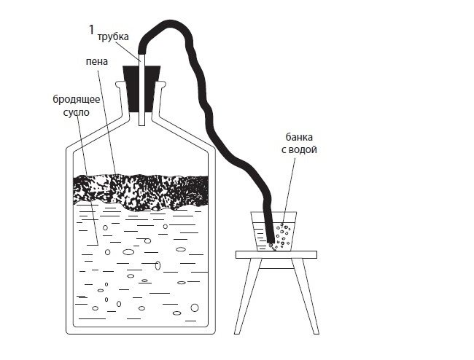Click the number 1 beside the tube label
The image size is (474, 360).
pos(90,29)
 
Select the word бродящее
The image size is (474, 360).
pos(75,98)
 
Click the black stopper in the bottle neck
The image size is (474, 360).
pos(142,87)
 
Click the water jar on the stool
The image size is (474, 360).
pos(276,232)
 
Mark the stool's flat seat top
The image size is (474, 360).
pos(276,254)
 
